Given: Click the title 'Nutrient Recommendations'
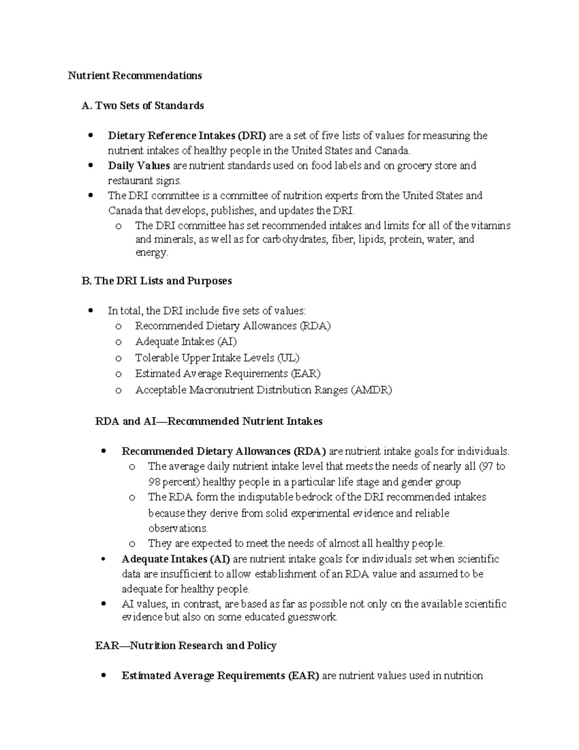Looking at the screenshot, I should point(135,75).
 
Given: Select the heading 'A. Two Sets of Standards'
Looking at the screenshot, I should point(143,106).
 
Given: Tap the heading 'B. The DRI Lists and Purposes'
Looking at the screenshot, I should point(157,281).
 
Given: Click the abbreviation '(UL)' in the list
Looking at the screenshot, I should point(288,358).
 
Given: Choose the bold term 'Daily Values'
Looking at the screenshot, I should point(139,166).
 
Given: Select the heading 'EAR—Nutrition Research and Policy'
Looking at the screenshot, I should point(186,646).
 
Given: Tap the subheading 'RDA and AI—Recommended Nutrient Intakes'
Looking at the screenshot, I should point(209,421).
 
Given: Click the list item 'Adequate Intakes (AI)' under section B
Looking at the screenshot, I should point(186,342).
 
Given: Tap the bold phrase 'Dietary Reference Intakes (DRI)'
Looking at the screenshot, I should point(187,136).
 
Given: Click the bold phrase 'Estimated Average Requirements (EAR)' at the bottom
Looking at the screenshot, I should point(221,676).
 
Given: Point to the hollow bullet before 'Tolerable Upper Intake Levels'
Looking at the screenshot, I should point(118,358).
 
